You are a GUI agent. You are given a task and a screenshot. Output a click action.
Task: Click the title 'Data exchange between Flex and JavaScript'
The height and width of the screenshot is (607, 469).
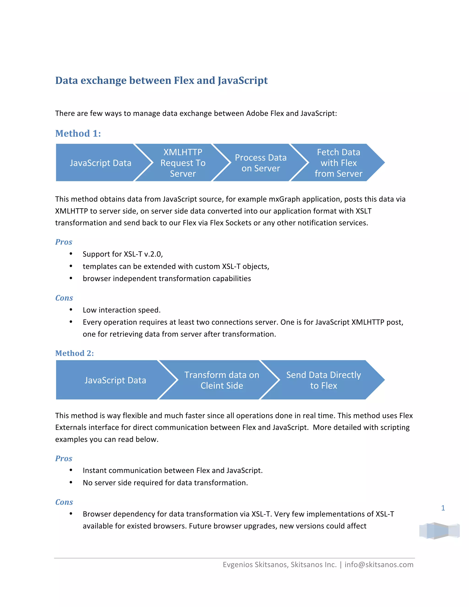[161, 80]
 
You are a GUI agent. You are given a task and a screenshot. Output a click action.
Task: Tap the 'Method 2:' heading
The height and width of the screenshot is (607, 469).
[74, 353]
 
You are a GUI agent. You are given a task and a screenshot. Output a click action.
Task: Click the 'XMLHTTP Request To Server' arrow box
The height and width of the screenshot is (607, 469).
[183, 163]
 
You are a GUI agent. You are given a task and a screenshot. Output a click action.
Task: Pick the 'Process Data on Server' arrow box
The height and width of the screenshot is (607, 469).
[261, 163]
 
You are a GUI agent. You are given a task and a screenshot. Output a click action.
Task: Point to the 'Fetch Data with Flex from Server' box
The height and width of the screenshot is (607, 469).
[338, 163]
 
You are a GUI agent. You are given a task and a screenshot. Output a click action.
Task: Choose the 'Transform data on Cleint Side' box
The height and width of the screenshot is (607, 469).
[222, 380]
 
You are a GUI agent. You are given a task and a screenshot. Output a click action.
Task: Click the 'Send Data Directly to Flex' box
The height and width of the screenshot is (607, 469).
[323, 380]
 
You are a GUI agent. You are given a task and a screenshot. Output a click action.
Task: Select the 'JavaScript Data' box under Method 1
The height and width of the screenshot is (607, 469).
[100, 163]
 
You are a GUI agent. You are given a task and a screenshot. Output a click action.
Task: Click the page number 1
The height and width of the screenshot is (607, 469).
[443, 508]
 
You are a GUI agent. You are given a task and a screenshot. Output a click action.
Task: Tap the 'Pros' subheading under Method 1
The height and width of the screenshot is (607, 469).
[64, 242]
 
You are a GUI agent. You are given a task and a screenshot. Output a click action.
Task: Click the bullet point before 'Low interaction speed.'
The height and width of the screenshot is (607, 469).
[71, 310]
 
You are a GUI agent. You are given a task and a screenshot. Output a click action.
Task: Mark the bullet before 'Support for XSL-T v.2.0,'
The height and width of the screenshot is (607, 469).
[71, 254]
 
